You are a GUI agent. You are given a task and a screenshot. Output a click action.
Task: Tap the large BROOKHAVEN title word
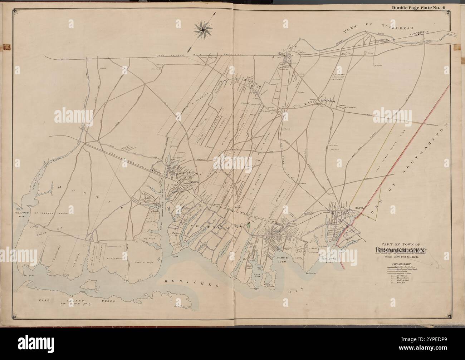[400, 250]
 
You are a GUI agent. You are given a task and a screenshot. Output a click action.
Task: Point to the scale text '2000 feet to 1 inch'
[400, 257]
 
